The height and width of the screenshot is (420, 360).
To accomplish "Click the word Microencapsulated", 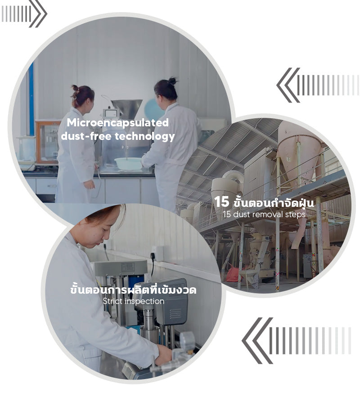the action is (x=118, y=123).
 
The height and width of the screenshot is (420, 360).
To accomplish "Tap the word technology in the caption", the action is (x=145, y=136).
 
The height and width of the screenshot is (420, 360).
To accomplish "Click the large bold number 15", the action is (x=222, y=202).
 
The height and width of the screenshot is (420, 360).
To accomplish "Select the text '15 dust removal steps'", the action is (x=264, y=214).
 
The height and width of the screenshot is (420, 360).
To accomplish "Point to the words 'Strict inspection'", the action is (x=134, y=301).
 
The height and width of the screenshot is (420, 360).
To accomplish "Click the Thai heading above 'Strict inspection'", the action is (x=133, y=290).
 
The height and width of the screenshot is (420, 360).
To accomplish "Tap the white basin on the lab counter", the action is (x=128, y=163).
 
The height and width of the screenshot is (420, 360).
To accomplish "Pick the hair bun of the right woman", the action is (x=172, y=80).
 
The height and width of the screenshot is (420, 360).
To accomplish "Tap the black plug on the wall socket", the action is (x=153, y=256).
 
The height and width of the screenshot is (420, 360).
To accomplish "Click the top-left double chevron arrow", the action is (x=38, y=13).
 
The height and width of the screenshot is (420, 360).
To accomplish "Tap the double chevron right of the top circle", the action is (x=288, y=85).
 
